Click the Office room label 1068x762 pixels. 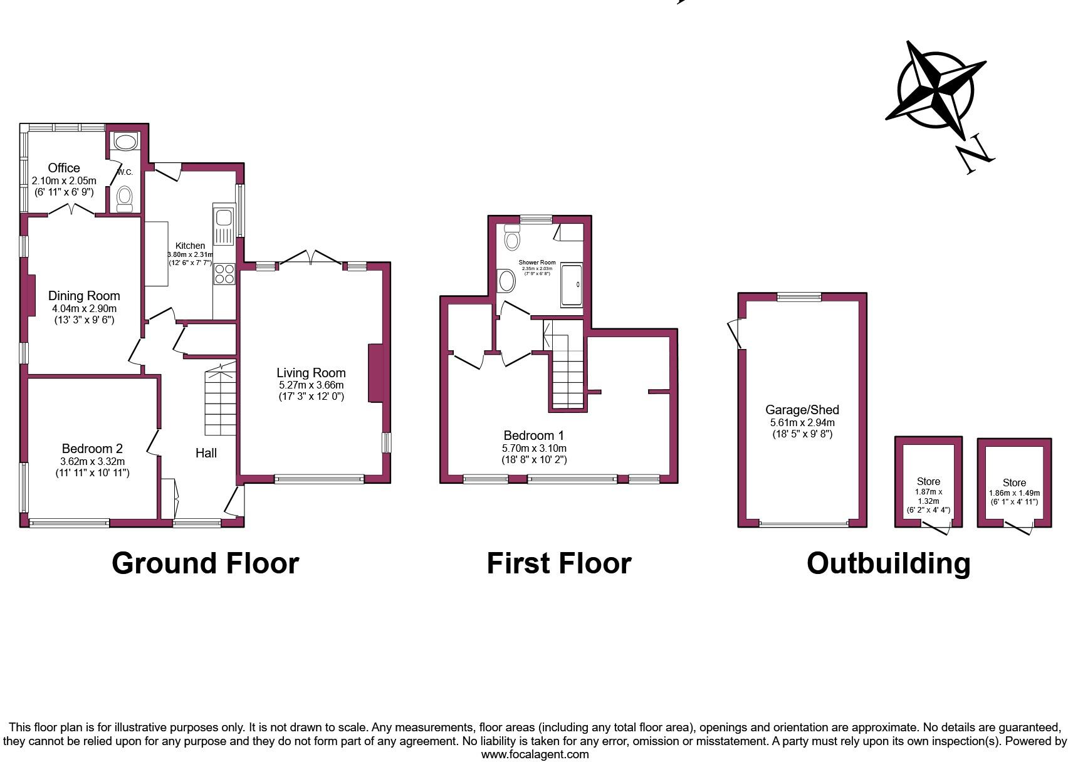[x=64, y=168]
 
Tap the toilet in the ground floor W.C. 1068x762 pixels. [x=125, y=197]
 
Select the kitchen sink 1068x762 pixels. [x=223, y=219]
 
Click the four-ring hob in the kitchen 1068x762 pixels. [x=224, y=274]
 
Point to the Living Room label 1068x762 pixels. [x=311, y=373]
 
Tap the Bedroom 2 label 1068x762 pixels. [x=92, y=449]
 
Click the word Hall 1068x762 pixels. [x=206, y=452]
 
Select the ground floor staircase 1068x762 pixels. [x=220, y=401]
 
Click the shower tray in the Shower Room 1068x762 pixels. [x=571, y=285]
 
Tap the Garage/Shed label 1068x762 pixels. [x=802, y=410]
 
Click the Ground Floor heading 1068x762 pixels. [x=205, y=563]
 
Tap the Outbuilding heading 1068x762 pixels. [x=888, y=563]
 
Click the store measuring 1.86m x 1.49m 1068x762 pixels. [x=1013, y=483]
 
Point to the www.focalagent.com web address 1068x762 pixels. [x=535, y=754]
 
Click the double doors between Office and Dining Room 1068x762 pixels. [x=72, y=210]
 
